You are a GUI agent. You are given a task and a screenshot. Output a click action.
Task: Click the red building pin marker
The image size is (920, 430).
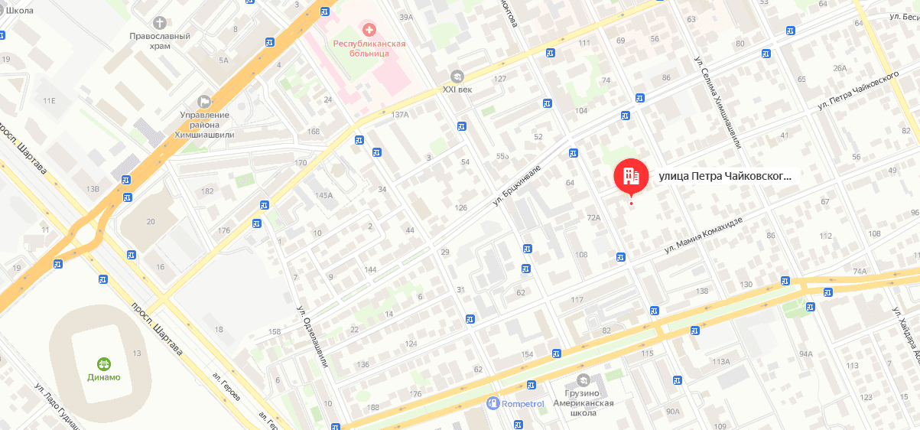630,177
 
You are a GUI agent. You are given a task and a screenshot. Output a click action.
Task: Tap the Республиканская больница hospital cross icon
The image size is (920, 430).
369,30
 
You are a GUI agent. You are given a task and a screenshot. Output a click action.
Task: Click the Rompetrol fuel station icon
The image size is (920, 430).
493,403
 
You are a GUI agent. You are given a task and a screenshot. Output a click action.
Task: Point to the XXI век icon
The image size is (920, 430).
457,76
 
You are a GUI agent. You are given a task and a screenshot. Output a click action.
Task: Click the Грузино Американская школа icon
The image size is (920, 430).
584,380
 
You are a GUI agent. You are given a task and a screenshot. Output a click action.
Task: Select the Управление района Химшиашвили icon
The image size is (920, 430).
203,101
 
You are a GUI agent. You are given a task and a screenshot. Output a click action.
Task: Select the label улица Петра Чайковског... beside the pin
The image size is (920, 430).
723,177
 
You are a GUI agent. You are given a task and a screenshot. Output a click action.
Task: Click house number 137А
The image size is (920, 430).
400,114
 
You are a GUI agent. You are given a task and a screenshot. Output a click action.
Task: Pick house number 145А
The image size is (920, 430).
323,195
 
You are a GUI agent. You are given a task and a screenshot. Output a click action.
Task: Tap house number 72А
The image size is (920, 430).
593,218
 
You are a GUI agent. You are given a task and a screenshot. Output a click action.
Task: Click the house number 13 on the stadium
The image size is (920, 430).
137,353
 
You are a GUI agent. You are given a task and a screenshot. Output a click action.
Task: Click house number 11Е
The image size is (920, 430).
50,100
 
